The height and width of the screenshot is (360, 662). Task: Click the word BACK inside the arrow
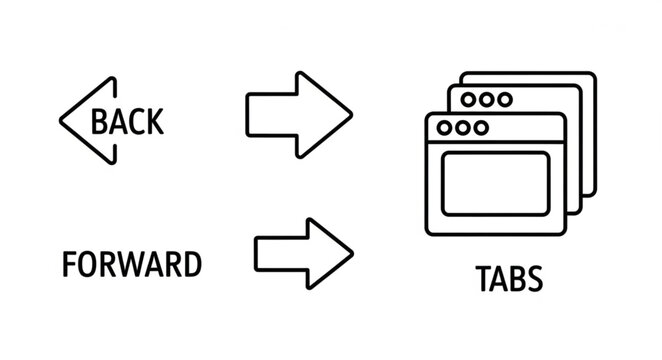127,121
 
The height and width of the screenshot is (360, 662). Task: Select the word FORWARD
131,265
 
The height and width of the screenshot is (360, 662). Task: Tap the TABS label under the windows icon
509,279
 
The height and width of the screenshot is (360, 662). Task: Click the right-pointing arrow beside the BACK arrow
299,113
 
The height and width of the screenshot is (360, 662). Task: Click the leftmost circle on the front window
445,128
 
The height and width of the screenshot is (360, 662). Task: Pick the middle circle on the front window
463,128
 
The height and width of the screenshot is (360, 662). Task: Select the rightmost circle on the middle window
504,100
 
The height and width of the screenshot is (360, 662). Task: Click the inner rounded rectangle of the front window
495,184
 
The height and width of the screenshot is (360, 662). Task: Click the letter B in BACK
99,121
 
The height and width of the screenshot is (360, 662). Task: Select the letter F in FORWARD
69,265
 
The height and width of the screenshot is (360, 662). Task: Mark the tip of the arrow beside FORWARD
351,252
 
